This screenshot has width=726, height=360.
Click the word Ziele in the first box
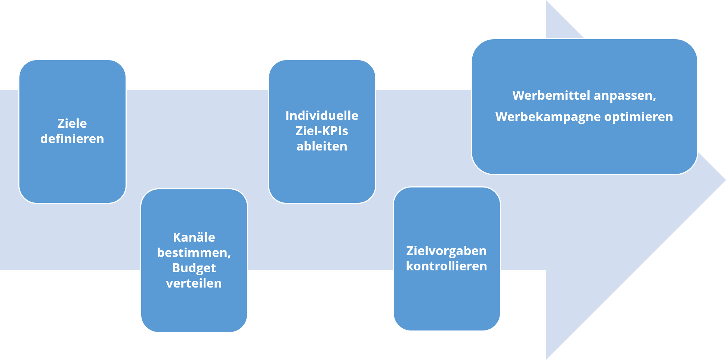(x=72, y=123)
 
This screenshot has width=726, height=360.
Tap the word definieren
(x=72, y=139)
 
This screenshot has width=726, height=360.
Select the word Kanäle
(x=194, y=237)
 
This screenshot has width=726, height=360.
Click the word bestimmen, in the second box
(x=194, y=253)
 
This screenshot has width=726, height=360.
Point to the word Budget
(x=194, y=268)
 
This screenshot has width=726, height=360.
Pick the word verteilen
(x=194, y=283)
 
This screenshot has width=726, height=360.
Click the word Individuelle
(x=322, y=115)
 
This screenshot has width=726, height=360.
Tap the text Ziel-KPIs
(x=322, y=131)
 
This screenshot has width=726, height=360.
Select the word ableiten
(x=322, y=146)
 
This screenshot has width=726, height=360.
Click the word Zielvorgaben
(x=447, y=251)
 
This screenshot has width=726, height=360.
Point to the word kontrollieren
(x=447, y=266)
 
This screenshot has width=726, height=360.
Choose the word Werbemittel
(x=551, y=95)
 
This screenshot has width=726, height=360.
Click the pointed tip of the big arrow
(x=725, y=180)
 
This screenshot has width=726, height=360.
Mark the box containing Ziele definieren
(x=72, y=131)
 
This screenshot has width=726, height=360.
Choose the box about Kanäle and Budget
(x=194, y=260)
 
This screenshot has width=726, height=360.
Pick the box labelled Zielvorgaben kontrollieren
(x=447, y=259)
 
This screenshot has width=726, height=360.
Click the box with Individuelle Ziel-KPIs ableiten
(x=322, y=131)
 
